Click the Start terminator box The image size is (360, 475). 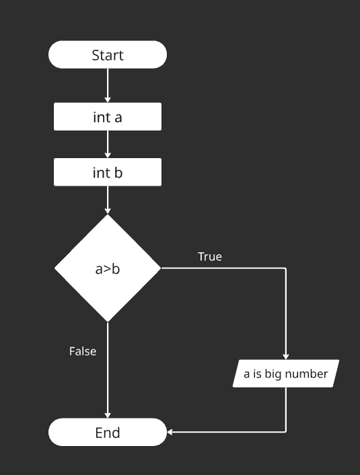point(108,55)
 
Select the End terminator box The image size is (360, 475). point(108,432)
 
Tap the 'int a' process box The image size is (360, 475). point(108,117)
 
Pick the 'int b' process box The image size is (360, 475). point(108,173)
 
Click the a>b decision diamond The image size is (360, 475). point(108,268)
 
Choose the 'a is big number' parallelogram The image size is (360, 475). point(286,373)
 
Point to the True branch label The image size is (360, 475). point(210,257)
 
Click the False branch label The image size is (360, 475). point(83,351)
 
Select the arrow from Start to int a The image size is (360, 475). point(108,85)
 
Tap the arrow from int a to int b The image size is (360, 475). point(108,144)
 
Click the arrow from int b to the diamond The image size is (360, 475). point(108,200)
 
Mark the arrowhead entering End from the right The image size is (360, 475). point(170,432)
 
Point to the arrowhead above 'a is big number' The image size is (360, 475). point(286,357)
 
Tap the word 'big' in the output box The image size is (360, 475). point(273,374)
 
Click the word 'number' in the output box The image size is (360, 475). point(306,374)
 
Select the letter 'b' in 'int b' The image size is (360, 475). point(118,173)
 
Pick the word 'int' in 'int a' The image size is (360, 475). point(102,117)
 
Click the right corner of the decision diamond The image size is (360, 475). point(160,268)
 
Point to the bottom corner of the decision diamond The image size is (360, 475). point(108,320)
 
